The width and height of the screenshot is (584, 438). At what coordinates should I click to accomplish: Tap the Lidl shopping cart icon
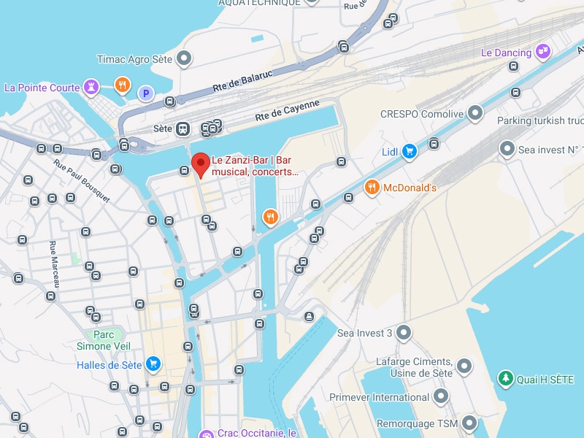pos(410,151)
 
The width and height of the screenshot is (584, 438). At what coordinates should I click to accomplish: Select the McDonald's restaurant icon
pos(372,188)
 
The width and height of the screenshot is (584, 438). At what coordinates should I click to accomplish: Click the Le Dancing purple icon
pos(542,51)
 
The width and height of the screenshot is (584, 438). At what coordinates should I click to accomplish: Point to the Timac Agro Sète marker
pos(185,57)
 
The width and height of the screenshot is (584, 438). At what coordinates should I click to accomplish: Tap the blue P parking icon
pos(146,93)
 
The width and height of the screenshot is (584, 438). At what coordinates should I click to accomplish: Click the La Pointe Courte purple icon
pos(91,87)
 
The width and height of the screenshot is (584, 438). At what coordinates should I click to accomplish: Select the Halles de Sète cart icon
pos(153,363)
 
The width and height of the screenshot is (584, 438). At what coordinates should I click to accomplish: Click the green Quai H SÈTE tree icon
pos(504,378)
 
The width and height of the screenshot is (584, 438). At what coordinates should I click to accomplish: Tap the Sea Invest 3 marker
pos(403,334)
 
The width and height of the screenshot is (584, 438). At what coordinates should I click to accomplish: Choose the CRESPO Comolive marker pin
pos(475,112)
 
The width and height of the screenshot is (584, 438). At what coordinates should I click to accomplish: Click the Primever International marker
pos(440,396)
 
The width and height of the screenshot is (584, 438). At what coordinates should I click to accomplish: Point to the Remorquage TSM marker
pos(469,423)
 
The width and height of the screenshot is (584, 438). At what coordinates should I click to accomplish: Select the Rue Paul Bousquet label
pos(81,179)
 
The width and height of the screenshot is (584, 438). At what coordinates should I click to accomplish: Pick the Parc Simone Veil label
pos(95,340)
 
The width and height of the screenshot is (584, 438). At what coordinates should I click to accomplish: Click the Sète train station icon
pos(182,128)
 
